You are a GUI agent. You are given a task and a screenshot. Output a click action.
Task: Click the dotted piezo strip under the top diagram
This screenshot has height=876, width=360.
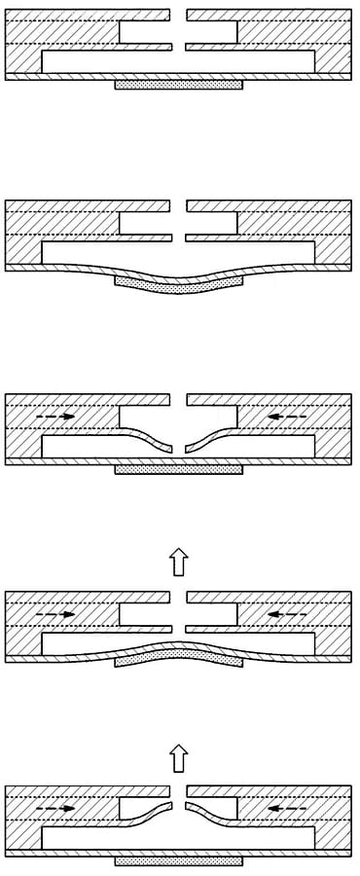[178, 85]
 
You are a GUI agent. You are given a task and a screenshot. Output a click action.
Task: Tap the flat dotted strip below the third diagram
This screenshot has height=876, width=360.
[178, 469]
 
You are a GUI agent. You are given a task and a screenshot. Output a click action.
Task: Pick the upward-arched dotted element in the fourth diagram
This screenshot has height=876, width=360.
[178, 655]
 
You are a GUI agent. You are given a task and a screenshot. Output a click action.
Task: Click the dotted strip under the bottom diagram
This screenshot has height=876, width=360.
[178, 861]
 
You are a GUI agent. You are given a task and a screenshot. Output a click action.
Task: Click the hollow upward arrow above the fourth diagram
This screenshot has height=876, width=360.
[178, 561]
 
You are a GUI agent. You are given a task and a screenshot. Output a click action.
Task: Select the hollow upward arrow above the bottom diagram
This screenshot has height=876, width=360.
[178, 757]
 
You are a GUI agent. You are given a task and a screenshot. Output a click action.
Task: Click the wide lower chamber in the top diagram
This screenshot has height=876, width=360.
[178, 61]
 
